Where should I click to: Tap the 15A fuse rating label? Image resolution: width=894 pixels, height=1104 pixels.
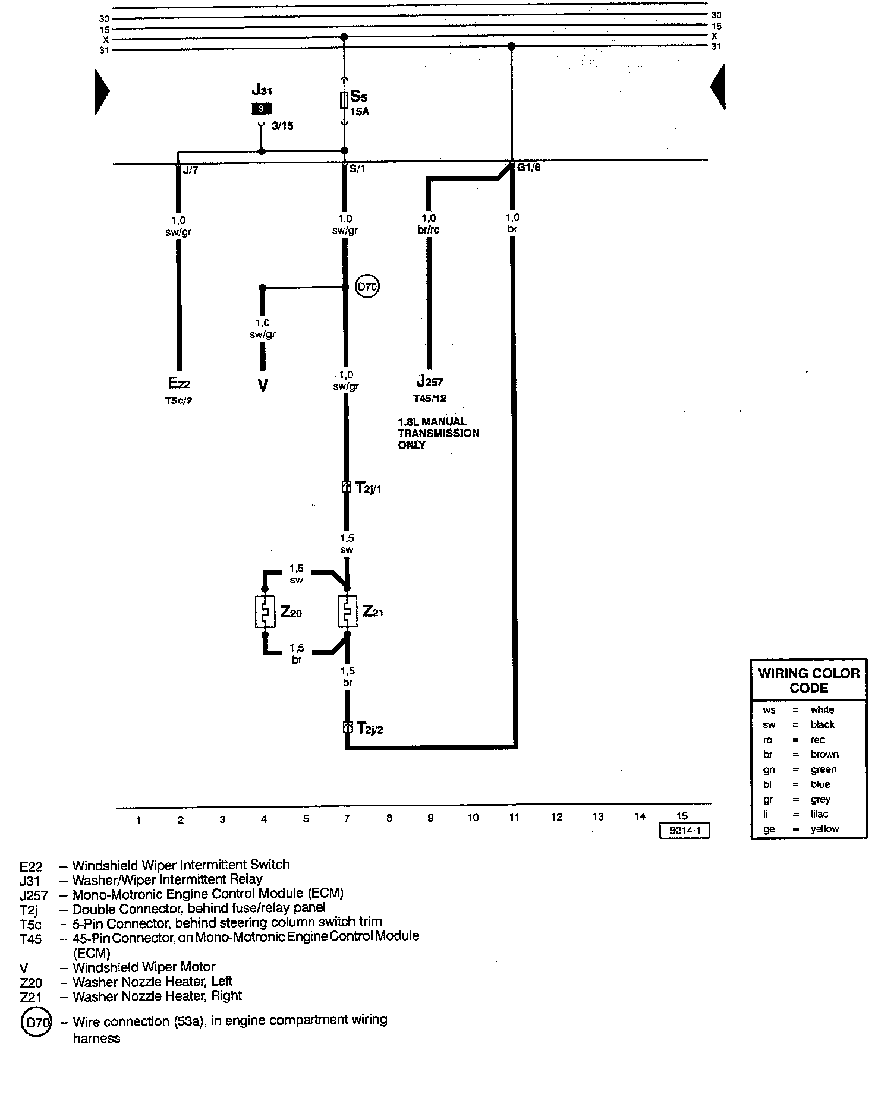[359, 111]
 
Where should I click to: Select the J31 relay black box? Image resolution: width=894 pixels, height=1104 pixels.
[262, 109]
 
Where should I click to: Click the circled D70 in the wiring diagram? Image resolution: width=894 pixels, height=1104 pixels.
[367, 288]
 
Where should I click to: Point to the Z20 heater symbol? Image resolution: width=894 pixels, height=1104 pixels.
[265, 611]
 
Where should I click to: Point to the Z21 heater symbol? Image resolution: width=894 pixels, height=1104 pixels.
[347, 611]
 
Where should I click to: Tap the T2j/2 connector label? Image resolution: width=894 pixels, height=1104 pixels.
[369, 728]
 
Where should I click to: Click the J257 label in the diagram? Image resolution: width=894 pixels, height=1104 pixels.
[429, 381]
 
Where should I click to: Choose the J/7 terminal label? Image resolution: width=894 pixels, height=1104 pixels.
[190, 171]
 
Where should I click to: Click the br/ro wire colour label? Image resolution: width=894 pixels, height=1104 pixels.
[429, 230]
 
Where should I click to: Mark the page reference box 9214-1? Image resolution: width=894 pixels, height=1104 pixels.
[685, 831]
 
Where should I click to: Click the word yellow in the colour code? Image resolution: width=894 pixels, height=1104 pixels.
[824, 829]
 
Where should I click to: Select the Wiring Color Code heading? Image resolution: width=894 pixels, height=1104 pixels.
[809, 681]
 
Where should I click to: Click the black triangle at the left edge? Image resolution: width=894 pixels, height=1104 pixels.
[101, 91]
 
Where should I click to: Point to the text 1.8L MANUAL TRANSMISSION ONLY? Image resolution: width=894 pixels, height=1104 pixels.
[439, 433]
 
